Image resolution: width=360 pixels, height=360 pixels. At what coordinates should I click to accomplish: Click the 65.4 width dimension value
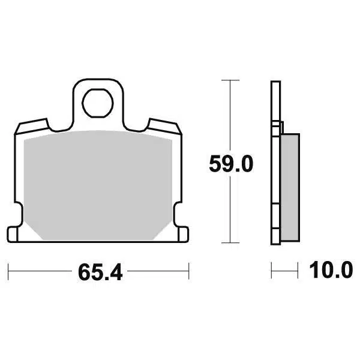click(x=100, y=272)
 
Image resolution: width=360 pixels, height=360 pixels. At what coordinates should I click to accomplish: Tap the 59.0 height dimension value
click(x=231, y=164)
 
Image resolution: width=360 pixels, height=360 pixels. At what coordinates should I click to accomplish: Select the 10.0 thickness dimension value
click(x=331, y=270)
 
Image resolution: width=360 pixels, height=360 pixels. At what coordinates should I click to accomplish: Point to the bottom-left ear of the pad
click(x=13, y=234)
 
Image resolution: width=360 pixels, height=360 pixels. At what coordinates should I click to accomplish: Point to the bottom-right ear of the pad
click(x=184, y=234)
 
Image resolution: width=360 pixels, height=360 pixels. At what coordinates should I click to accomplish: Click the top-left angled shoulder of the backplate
click(x=32, y=126)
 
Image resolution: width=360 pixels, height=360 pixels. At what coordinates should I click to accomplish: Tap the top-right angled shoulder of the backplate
click(x=164, y=126)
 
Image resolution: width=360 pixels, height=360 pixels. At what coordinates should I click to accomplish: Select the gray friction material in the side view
click(x=290, y=187)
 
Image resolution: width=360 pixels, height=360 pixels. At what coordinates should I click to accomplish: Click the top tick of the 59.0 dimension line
click(x=230, y=80)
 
